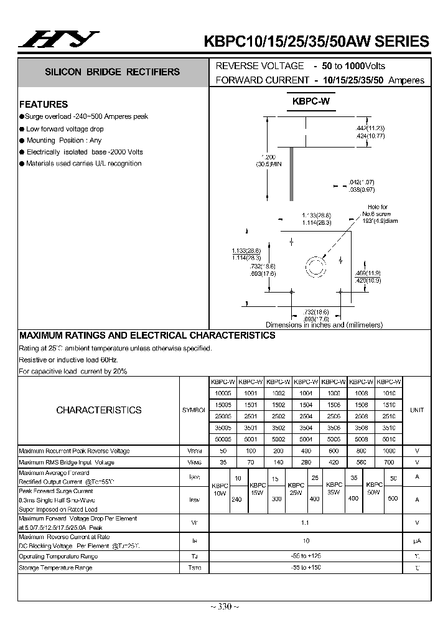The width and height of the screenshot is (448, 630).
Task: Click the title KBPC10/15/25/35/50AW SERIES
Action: (317, 42)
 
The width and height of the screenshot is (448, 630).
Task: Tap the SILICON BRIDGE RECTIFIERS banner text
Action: (112, 72)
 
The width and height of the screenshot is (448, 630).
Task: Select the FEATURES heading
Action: (44, 104)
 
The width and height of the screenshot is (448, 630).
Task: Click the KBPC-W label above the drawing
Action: (311, 101)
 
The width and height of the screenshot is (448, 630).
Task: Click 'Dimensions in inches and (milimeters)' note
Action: (324, 325)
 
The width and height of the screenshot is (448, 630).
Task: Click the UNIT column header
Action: (416, 410)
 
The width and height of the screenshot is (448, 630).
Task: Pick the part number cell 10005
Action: (222, 393)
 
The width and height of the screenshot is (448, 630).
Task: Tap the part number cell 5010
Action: (388, 439)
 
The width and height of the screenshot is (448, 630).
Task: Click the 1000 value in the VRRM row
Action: (388, 451)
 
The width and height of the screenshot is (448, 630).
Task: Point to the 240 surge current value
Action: (236, 499)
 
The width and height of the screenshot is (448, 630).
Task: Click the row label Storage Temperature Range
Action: (55, 568)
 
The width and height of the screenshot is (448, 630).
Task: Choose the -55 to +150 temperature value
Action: (306, 568)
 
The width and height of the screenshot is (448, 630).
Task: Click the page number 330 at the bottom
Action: (224, 607)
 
